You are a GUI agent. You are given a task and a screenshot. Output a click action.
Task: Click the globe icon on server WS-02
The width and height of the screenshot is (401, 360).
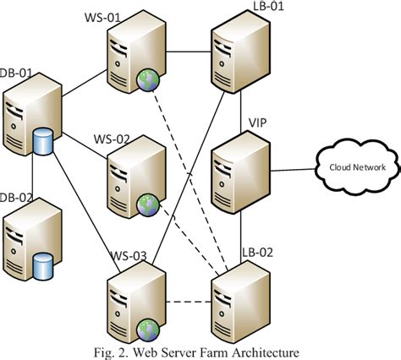(148, 203)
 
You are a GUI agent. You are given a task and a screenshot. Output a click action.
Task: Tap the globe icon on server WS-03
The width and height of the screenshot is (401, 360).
(149, 327)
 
